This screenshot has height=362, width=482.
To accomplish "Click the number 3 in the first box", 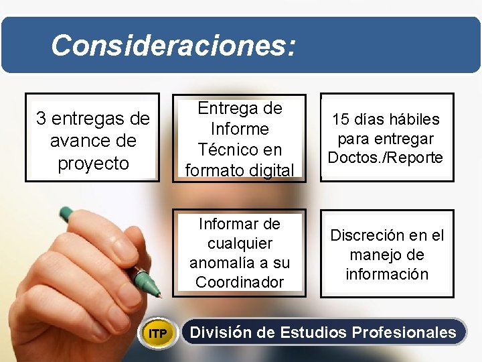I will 42,119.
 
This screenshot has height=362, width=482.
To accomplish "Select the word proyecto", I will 93,164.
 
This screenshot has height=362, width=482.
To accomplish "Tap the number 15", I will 341,120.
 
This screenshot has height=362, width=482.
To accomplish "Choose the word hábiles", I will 415,120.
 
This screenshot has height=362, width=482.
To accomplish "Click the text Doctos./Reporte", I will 386,158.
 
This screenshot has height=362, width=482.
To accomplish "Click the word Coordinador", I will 240,282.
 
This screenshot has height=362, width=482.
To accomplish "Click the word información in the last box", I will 387,274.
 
